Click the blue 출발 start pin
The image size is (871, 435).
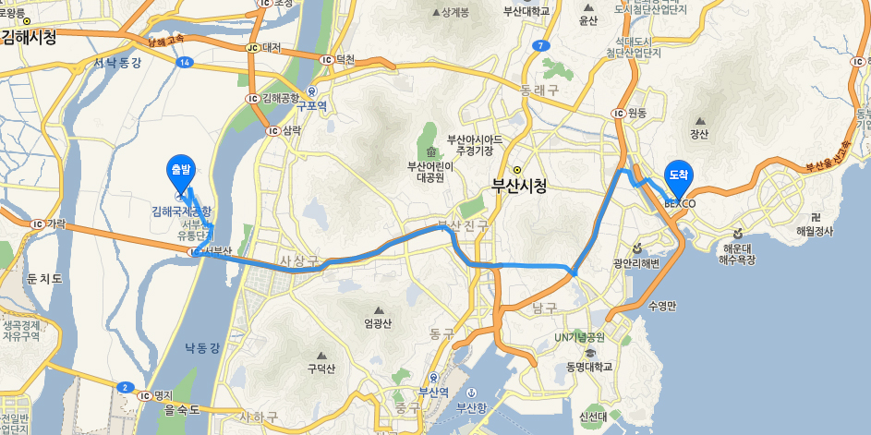pos(179,170)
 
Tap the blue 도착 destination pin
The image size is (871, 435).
pos(679,174)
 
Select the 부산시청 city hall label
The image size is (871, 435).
pos(519,185)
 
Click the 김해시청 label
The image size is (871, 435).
pos(29,38)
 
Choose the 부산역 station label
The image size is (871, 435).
pos(433,391)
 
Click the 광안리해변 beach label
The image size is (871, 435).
pos(636,262)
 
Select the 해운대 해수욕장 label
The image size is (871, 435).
pos(738,255)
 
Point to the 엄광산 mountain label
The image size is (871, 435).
pos(378,322)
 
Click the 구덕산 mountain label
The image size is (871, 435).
pos(321,369)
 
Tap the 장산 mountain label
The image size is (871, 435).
pos(699,135)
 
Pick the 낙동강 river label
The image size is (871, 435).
pos(202,347)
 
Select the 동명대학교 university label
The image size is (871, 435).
pos(589,367)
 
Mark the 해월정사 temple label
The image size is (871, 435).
pos(815,230)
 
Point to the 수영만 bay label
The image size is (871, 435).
pos(663,306)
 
